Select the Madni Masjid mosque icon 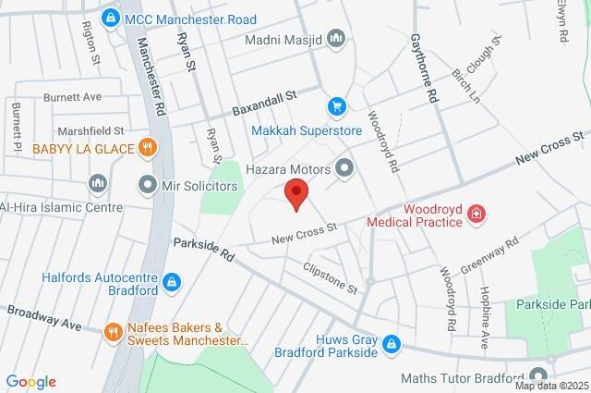337,40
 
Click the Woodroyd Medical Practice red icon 476,215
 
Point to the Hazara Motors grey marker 345,168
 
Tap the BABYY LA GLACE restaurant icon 147,148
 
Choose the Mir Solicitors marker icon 147,186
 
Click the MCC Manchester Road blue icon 112,17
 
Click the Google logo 30,382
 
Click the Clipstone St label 330,276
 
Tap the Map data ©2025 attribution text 551,386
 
